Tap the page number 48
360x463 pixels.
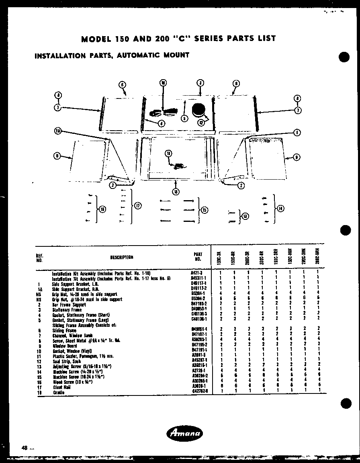click(26, 448)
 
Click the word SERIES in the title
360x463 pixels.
click(210, 39)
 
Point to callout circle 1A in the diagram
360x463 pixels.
click(58, 131)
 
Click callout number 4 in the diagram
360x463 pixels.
click(161, 123)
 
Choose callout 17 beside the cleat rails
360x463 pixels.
click(137, 206)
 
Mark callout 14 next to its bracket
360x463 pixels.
click(280, 208)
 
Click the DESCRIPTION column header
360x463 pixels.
click(121, 257)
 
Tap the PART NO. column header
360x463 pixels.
click(198, 256)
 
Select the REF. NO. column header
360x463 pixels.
click(39, 257)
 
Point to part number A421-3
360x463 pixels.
click(196, 273)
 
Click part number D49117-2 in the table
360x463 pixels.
click(198, 289)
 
